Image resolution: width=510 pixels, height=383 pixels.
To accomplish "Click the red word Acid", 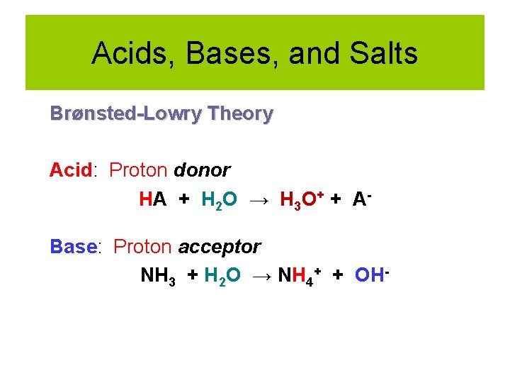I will tap(71, 170).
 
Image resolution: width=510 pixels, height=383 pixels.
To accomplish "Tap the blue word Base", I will tap(73, 247).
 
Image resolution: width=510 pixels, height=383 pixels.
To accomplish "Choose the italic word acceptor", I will tap(220, 247).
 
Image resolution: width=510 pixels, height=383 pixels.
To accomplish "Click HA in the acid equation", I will tap(153, 201).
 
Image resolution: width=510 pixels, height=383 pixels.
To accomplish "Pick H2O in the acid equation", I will tap(219, 201).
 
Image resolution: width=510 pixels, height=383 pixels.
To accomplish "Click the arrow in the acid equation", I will tap(259, 201).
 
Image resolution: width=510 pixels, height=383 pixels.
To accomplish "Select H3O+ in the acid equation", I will tap(297, 201).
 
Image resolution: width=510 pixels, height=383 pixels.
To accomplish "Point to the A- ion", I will tap(361, 199).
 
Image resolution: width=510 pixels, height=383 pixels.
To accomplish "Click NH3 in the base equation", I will tap(158, 275).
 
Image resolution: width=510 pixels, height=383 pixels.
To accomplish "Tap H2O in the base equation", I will tap(222, 276).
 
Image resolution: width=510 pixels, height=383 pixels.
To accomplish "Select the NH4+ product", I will tap(300, 275).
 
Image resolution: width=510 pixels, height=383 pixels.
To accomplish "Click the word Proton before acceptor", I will tap(142, 247).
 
